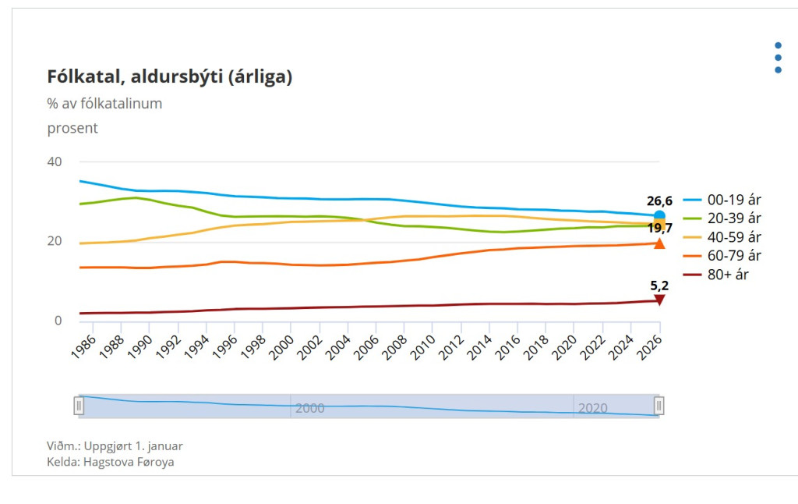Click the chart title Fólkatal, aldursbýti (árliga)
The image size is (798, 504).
[x=170, y=76]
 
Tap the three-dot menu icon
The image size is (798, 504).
[x=778, y=58]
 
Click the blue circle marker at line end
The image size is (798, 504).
[x=659, y=215]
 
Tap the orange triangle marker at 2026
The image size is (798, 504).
[x=659, y=243]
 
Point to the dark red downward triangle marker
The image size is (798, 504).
[x=659, y=300]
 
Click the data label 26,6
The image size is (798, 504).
[x=659, y=201]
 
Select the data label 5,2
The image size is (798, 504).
[x=659, y=286]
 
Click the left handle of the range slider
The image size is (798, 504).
[x=79, y=406]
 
